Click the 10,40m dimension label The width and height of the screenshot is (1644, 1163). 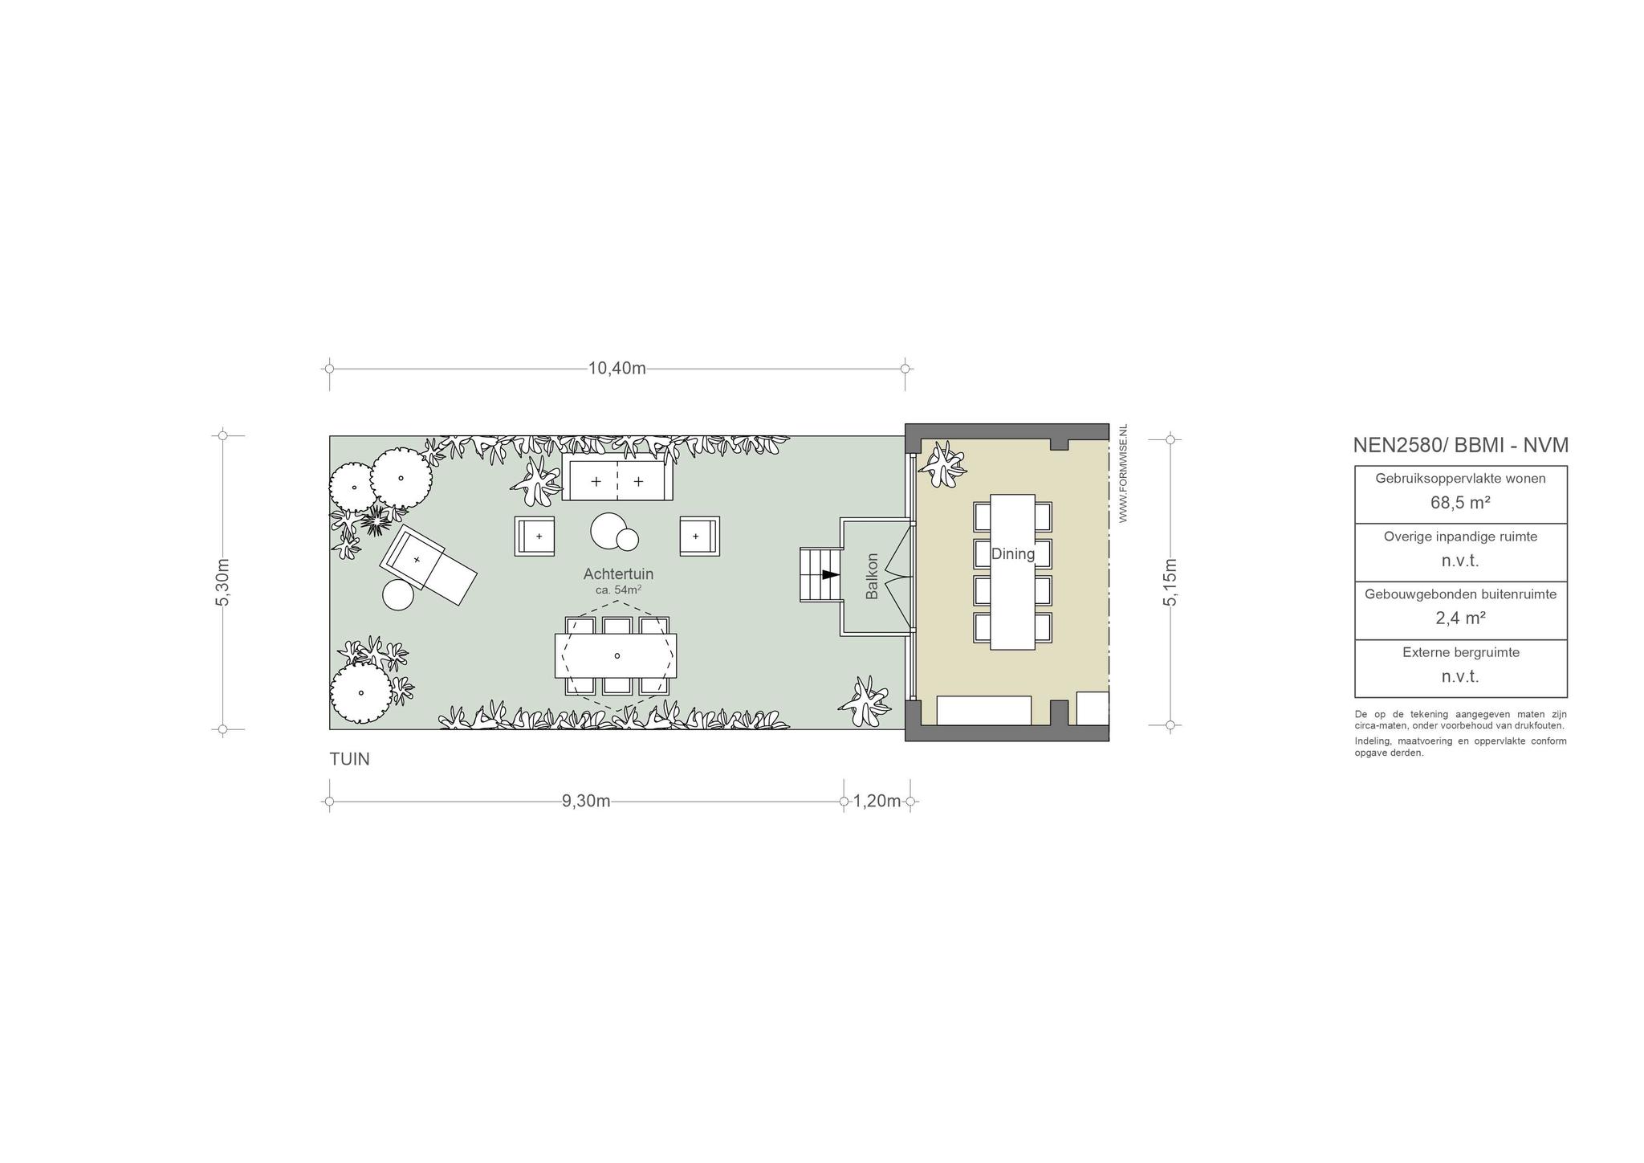(x=616, y=369)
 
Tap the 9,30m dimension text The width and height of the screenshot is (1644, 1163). (x=586, y=801)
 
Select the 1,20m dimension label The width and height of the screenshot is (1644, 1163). (x=877, y=801)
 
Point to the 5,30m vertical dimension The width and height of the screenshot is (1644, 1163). (x=223, y=582)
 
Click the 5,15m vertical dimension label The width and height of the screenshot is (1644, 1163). (x=1170, y=582)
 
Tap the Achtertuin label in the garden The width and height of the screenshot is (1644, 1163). (x=618, y=574)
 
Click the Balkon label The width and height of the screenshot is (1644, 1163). (x=873, y=576)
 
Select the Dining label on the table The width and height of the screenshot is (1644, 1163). (x=1013, y=553)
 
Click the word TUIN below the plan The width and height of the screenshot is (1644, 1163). (x=350, y=759)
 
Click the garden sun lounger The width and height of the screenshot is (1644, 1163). (x=429, y=565)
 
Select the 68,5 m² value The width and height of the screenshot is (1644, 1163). (x=1460, y=504)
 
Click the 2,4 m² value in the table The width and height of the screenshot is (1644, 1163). (x=1460, y=618)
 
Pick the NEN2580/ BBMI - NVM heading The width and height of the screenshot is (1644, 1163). (x=1461, y=445)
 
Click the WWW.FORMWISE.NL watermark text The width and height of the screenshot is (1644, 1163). (x=1123, y=474)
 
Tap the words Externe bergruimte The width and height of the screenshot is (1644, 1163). (x=1461, y=652)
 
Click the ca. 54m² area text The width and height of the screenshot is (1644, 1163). (x=617, y=590)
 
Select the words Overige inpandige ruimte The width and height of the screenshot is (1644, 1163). (x=1461, y=537)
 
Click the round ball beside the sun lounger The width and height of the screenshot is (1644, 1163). (x=398, y=595)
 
